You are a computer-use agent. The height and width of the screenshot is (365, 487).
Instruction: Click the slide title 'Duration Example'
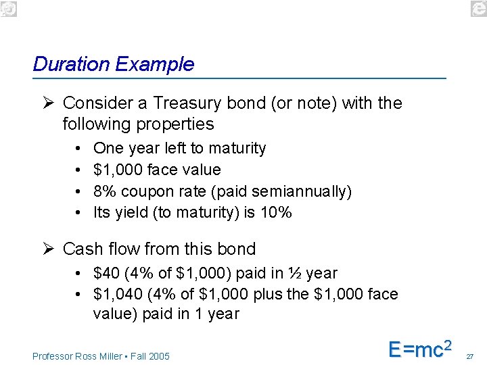(x=113, y=64)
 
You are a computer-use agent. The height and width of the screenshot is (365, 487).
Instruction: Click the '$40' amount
(x=106, y=274)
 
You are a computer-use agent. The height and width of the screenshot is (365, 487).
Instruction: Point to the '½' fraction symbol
(x=295, y=274)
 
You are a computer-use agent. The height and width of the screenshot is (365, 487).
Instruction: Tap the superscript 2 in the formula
(x=446, y=343)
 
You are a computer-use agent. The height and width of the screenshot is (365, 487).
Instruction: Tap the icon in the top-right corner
(x=479, y=7)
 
